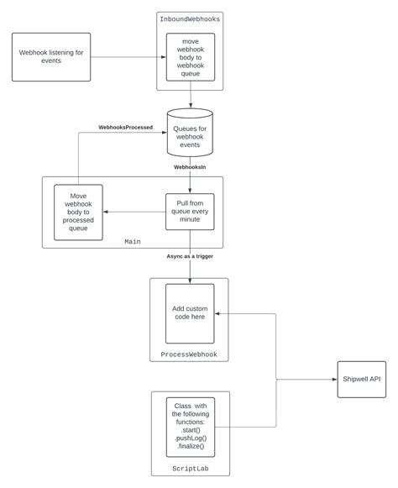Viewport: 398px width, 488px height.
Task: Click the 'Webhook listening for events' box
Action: coord(51,57)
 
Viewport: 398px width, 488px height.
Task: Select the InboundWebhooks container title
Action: coord(190,19)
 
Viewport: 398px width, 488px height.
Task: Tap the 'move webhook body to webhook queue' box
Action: coord(191,57)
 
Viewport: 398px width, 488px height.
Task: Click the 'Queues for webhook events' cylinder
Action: coord(190,133)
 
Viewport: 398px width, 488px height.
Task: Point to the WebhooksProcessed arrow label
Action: coord(125,128)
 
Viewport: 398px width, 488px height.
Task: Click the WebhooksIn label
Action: coord(190,167)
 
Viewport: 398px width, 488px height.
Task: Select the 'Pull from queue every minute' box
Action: coord(190,212)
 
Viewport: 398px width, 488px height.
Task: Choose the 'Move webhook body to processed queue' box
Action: coord(78,213)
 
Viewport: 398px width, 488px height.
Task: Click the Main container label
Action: coord(133,242)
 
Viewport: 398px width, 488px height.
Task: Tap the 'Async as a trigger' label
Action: coord(190,256)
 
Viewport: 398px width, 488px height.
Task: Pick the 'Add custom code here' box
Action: coord(190,313)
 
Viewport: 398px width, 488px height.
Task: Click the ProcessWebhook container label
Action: coord(189,354)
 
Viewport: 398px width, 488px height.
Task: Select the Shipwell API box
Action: coord(362,380)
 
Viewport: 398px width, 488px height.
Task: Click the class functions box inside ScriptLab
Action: coord(191,427)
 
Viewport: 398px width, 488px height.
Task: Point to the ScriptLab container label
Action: coord(191,469)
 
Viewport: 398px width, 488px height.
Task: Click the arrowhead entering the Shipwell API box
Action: coord(335,380)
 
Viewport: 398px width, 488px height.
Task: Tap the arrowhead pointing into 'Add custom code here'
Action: coord(217,313)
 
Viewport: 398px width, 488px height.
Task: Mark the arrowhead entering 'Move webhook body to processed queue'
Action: coord(106,212)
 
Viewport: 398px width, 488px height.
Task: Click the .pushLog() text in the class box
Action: coord(191,438)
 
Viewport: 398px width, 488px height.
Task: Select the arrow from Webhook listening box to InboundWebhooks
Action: coord(128,57)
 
